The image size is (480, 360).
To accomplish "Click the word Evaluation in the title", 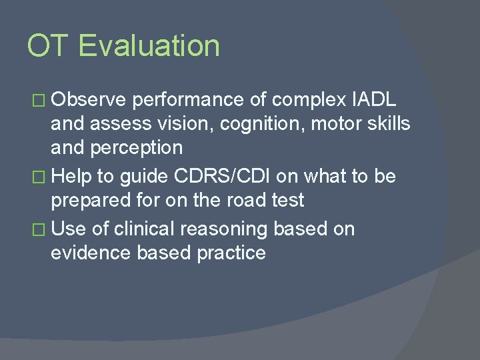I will click(149, 46).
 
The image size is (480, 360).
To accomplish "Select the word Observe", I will click(89, 100).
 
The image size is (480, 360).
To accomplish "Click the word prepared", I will click(93, 201).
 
